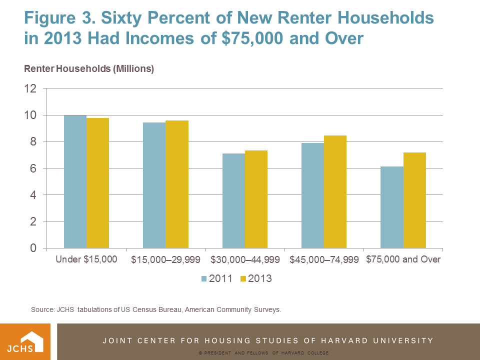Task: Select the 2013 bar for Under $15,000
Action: point(97,183)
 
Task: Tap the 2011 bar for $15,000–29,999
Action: point(154,185)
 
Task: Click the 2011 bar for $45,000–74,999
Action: point(312,195)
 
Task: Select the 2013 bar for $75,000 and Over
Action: point(414,200)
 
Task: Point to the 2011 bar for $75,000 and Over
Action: point(392,207)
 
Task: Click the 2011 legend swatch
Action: point(204,278)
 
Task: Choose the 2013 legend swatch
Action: point(243,278)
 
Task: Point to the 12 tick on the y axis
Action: point(30,88)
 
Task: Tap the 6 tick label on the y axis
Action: point(33,168)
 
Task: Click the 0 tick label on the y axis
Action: point(33,248)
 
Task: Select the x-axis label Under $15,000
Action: point(86,259)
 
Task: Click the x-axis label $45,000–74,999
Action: point(324,260)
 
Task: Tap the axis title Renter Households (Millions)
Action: point(89,69)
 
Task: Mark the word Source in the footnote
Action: point(43,310)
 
